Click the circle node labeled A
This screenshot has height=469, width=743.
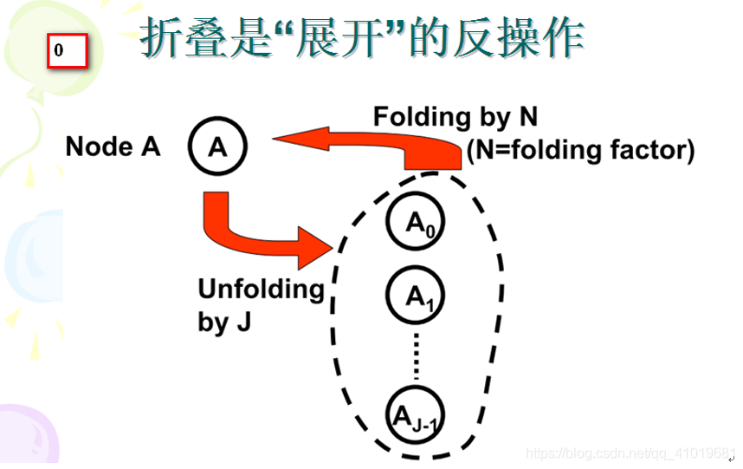217,147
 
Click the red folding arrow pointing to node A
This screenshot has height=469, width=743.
364,147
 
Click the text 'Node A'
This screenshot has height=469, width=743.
113,147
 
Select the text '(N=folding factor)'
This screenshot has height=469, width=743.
580,151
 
